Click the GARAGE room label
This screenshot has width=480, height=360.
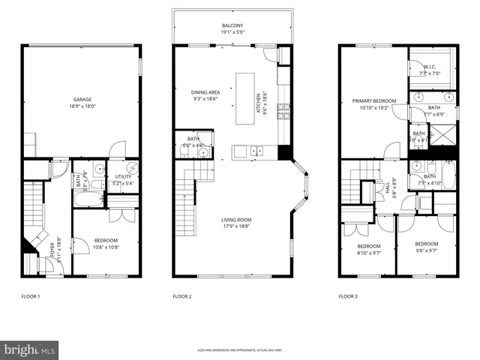82,99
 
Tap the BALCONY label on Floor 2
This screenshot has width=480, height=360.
232,25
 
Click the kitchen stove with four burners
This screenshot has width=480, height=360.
283,112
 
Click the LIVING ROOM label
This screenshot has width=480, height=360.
235,220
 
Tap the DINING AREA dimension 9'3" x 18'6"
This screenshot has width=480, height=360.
204,98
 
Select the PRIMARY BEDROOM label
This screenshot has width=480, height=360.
374,100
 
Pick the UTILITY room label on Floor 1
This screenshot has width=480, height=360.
124,176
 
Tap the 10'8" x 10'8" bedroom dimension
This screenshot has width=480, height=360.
106,247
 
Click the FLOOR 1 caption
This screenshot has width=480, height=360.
31,296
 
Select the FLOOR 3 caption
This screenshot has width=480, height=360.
347,296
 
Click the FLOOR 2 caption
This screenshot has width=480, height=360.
182,296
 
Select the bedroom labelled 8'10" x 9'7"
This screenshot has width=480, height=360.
369,250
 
